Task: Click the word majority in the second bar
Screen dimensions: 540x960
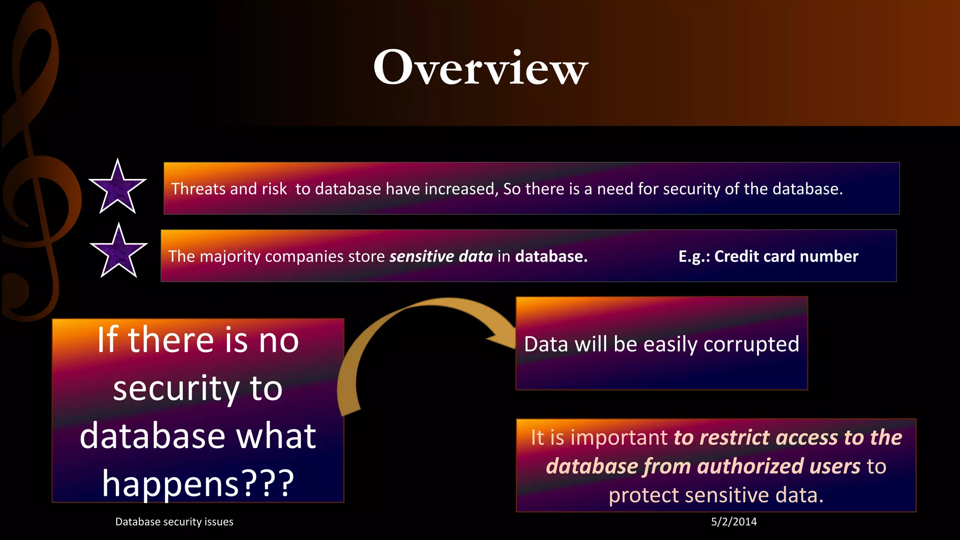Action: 231,256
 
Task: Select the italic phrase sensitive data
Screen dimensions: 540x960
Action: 441,256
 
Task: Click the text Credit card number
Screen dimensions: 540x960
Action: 786,256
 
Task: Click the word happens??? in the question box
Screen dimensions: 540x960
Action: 198,484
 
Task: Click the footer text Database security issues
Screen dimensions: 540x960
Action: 174,522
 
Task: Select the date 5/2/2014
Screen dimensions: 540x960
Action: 734,522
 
